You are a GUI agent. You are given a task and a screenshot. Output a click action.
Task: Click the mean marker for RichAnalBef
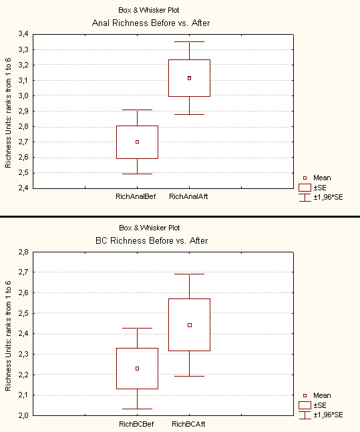[138, 142]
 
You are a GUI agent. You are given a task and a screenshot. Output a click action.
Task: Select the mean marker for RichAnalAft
[190, 78]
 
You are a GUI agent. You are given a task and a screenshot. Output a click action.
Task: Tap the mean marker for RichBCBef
[138, 369]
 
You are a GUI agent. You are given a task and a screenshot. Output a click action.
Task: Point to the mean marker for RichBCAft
[190, 325]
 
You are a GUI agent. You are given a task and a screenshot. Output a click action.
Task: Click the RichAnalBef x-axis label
[136, 196]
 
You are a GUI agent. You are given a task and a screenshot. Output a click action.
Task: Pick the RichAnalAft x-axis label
[188, 196]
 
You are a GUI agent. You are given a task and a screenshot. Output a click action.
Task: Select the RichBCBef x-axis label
[136, 424]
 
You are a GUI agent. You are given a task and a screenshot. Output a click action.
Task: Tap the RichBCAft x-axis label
[188, 424]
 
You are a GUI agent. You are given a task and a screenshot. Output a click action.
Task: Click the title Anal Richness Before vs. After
[151, 23]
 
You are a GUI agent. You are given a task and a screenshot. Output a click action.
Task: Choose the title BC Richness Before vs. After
[152, 240]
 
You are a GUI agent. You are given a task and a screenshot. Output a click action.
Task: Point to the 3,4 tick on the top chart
[23, 34]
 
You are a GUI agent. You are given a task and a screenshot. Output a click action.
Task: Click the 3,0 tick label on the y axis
[23, 95]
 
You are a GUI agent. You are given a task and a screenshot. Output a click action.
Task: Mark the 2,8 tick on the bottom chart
[23, 252]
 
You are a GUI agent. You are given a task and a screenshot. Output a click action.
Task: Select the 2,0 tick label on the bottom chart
[23, 415]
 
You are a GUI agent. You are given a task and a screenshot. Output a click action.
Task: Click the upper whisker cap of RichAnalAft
[190, 41]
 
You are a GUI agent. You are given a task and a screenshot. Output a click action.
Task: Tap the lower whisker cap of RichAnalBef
[138, 174]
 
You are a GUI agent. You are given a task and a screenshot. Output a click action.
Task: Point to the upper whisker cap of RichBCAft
[190, 274]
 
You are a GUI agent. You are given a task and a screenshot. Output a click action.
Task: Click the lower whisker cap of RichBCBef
[138, 409]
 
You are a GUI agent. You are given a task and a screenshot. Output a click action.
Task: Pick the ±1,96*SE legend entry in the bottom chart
[321, 415]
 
